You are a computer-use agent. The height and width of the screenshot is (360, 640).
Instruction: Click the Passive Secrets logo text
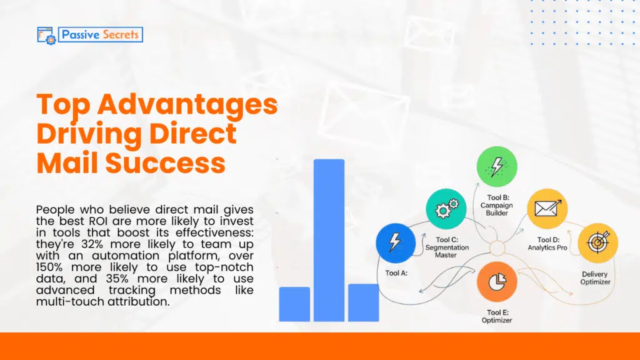pyautogui.click(x=100, y=34)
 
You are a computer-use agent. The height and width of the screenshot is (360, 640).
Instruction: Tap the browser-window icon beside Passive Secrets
pyautogui.click(x=46, y=34)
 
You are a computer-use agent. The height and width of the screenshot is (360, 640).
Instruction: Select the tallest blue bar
pyautogui.click(x=329, y=241)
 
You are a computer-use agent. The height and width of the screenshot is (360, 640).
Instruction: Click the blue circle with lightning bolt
pyautogui.click(x=394, y=242)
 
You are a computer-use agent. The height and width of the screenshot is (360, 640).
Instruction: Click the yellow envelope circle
pyautogui.click(x=547, y=209)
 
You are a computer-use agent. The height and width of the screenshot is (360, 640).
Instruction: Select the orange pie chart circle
pyautogui.click(x=496, y=282)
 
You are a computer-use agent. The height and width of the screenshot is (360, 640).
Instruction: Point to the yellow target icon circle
pyautogui.click(x=597, y=242)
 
